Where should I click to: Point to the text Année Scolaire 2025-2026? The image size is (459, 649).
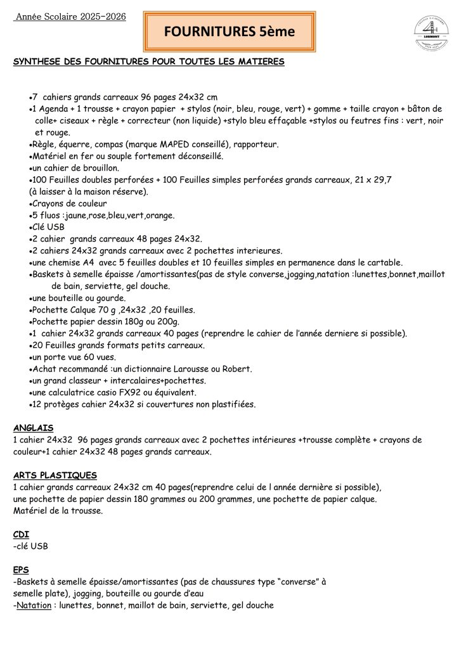tap(70, 16)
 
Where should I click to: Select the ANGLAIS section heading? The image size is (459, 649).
tap(33, 428)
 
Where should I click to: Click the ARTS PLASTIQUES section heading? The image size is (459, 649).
tap(55, 475)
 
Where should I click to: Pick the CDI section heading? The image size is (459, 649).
tap(21, 534)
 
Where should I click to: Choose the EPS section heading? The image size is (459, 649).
tap(21, 570)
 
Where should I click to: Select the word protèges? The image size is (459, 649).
tap(60, 404)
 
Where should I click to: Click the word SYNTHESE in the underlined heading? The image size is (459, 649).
tap(36, 61)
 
